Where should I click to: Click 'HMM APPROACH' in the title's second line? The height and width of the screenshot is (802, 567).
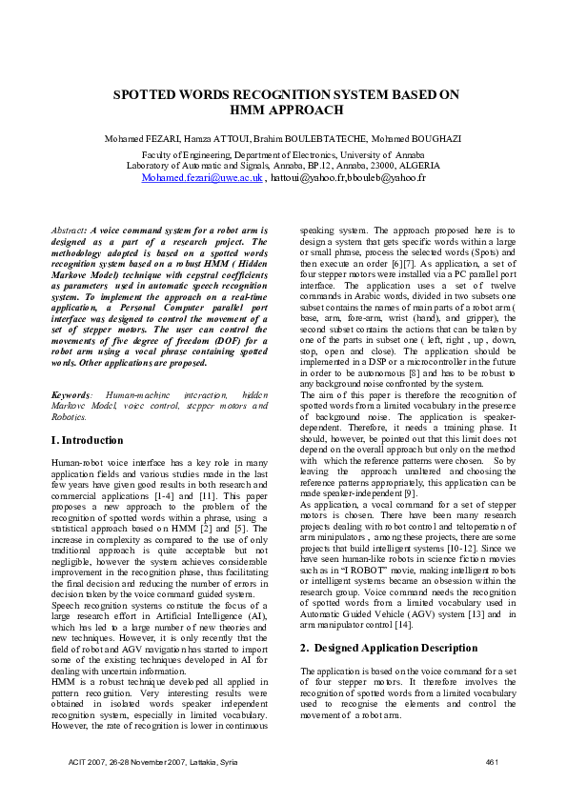(286, 110)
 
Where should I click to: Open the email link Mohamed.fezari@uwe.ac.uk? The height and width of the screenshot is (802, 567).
(202, 177)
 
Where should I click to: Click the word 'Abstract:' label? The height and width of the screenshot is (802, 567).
(69, 231)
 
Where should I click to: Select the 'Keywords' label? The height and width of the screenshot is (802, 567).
(72, 393)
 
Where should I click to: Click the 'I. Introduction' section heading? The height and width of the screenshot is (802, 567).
(87, 440)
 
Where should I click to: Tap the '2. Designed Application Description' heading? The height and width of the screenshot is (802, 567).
(379, 647)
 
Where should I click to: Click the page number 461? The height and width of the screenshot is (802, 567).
(492, 762)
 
